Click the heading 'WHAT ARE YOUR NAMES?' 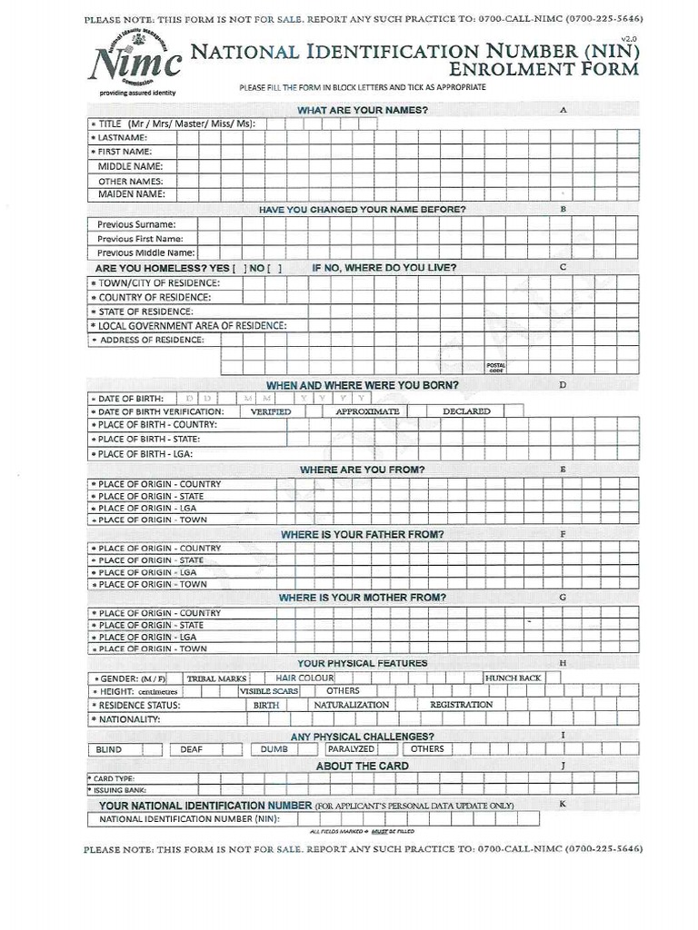pos(363,110)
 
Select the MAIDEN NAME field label pos(131,193)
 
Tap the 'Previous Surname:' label pos(136,223)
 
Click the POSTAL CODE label pos(495,367)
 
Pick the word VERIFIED pos(271,411)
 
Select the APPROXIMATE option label pos(367,411)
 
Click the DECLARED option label pos(466,411)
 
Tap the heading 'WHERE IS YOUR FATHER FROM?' pos(362,535)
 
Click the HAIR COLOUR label pos(304,678)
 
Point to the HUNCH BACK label pos(514,678)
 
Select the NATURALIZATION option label pos(351,705)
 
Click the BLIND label pos(108,749)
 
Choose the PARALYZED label pos(351,749)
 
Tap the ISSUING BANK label pos(114,790)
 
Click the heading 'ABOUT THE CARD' pos(362,766)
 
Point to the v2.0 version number pos(628,38)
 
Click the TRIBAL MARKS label pos(216,678)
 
